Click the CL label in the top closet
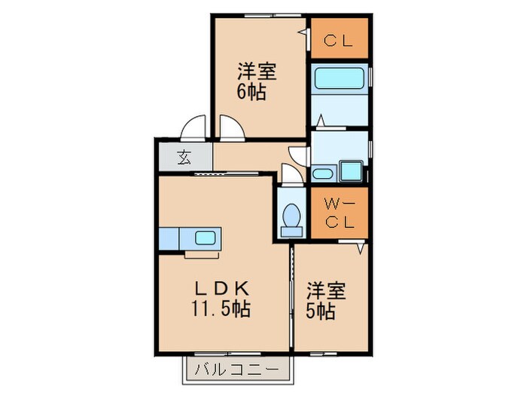339,41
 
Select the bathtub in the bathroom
338,79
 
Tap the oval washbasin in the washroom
321,175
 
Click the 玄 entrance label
184,158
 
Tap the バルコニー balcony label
237,370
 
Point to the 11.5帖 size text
221,309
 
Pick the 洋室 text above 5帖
326,290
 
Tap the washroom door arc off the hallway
300,155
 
